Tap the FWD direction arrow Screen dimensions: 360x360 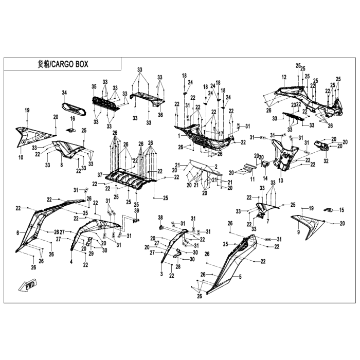25,285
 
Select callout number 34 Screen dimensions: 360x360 65,93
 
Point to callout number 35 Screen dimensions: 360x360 94,86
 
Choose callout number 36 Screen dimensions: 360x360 160,115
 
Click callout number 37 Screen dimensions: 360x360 100,174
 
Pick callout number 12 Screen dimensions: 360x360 283,77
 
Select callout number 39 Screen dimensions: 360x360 137,211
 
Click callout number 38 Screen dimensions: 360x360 160,217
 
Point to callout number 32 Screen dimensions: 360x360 326,161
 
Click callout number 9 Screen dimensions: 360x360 299,232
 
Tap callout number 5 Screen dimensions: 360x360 239,276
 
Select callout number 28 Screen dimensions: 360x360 178,267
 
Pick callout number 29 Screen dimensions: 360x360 91,254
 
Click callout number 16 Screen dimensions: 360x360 73,119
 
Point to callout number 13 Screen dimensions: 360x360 281,181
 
